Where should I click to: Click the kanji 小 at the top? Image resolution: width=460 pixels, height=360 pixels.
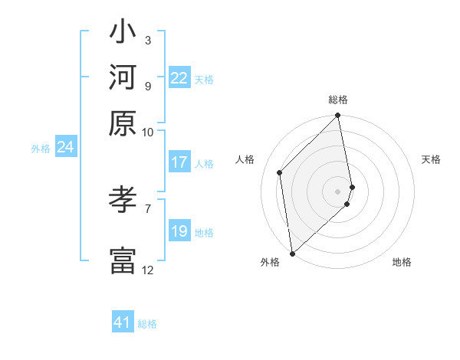pos(123,34)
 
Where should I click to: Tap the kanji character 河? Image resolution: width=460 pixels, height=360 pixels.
pos(123,77)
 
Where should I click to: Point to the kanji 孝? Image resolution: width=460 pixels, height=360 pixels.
pos(123,201)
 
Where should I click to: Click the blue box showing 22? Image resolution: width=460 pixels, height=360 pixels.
pos(179,78)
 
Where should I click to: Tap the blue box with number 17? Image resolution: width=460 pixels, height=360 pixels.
pos(179,162)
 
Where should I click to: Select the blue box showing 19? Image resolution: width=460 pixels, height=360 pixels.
pos(179,231)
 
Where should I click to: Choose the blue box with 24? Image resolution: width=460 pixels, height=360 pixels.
pos(65,147)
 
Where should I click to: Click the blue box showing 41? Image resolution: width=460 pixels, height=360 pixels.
pos(123,322)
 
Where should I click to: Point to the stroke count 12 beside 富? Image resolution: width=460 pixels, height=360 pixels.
pos(147,270)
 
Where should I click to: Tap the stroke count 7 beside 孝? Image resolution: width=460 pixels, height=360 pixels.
pos(147,207)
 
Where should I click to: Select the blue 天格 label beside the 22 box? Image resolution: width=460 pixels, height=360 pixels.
pos(204,79)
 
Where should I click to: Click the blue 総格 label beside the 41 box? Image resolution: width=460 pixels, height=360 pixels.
pos(147,324)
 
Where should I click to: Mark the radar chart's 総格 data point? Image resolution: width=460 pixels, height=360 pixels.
pos(338,116)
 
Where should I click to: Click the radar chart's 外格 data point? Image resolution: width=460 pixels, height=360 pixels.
pos(292,254)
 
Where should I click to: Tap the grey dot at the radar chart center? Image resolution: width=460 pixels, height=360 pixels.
pos(338,191)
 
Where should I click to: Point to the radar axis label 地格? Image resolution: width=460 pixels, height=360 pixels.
pos(402,262)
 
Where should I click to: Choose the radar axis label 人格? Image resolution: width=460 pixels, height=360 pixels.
pos(245,159)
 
